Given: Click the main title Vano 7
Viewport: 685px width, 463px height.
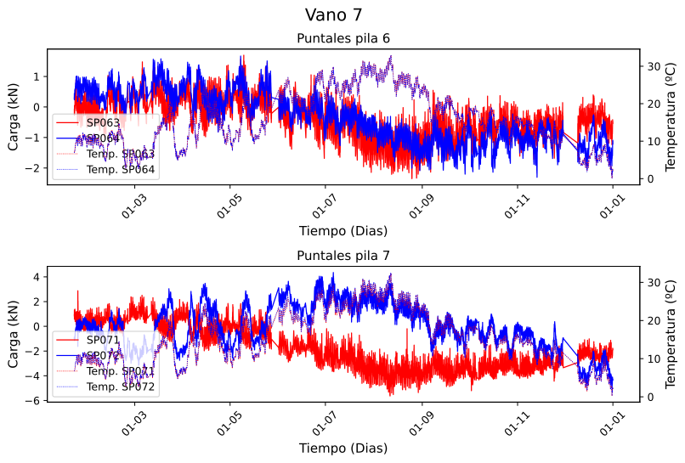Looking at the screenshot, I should click(342, 14).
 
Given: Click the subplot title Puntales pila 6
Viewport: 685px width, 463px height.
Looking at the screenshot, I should click(342, 38).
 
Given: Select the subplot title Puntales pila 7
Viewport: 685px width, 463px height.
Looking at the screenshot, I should click(342, 255).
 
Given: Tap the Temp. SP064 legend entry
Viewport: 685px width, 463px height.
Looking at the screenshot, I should click(120, 169).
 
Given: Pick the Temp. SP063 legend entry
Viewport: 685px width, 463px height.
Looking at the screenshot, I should click(120, 154).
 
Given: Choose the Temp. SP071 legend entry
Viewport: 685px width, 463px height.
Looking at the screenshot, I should click(120, 371).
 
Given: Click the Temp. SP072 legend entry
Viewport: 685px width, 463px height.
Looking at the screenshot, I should click(120, 387).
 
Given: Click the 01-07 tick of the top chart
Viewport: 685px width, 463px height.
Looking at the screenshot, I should click(325, 206).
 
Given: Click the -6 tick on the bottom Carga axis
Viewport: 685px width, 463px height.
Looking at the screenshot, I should click(38, 401).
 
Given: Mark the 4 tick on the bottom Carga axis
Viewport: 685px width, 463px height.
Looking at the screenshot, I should click(38, 277).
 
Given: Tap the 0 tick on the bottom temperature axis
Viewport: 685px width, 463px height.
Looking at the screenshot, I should click(649, 397).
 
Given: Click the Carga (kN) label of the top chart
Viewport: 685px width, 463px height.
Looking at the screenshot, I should click(14, 116).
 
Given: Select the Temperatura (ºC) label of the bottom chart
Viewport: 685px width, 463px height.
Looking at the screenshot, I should click(670, 334).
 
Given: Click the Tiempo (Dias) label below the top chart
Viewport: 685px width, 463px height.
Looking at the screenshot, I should click(342, 230).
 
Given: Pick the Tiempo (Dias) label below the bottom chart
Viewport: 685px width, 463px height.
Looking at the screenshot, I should click(342, 448).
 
